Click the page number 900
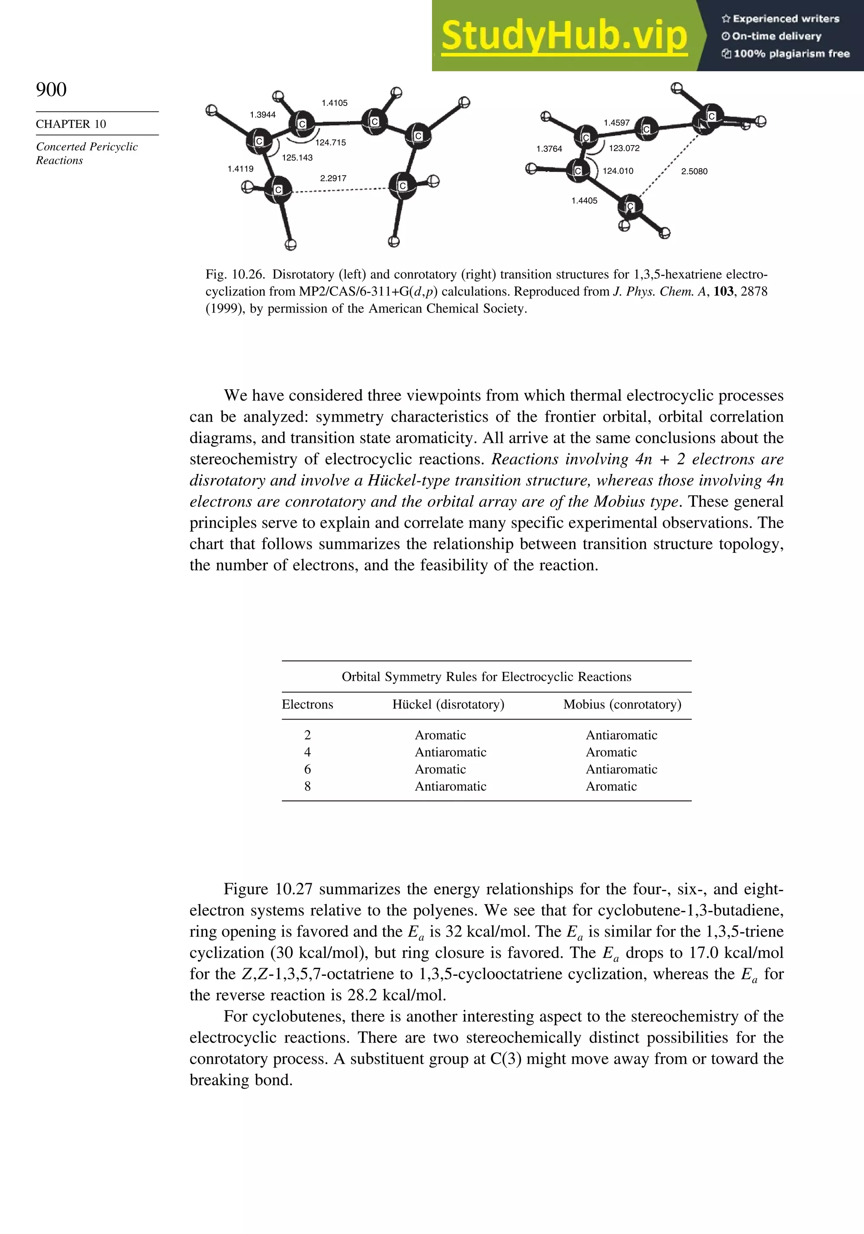tap(51, 89)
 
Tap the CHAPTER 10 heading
tap(71, 124)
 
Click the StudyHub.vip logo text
tap(564, 35)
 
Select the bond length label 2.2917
tap(333, 178)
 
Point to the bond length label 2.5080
tap(694, 172)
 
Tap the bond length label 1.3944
tap(262, 114)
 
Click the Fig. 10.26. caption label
tap(235, 275)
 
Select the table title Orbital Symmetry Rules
tap(486, 676)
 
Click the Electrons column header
tap(307, 705)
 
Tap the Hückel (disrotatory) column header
tap(448, 705)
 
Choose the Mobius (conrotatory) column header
tap(622, 705)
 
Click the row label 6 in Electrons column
tap(307, 769)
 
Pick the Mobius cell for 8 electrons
tap(611, 786)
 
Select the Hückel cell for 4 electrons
tap(450, 752)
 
